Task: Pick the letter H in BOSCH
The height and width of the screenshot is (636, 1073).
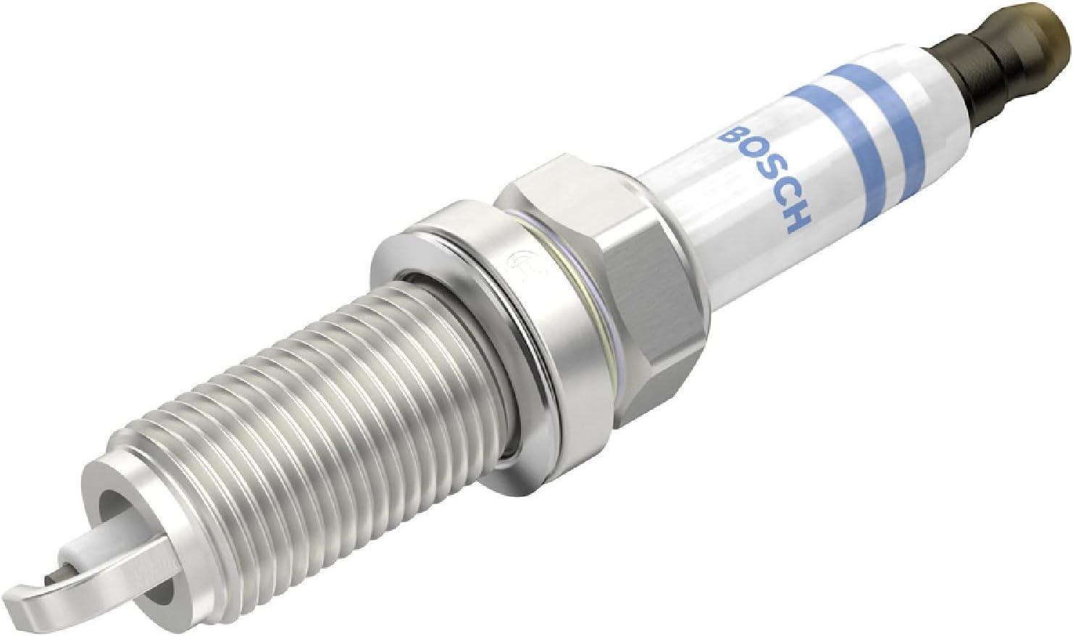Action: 796,222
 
